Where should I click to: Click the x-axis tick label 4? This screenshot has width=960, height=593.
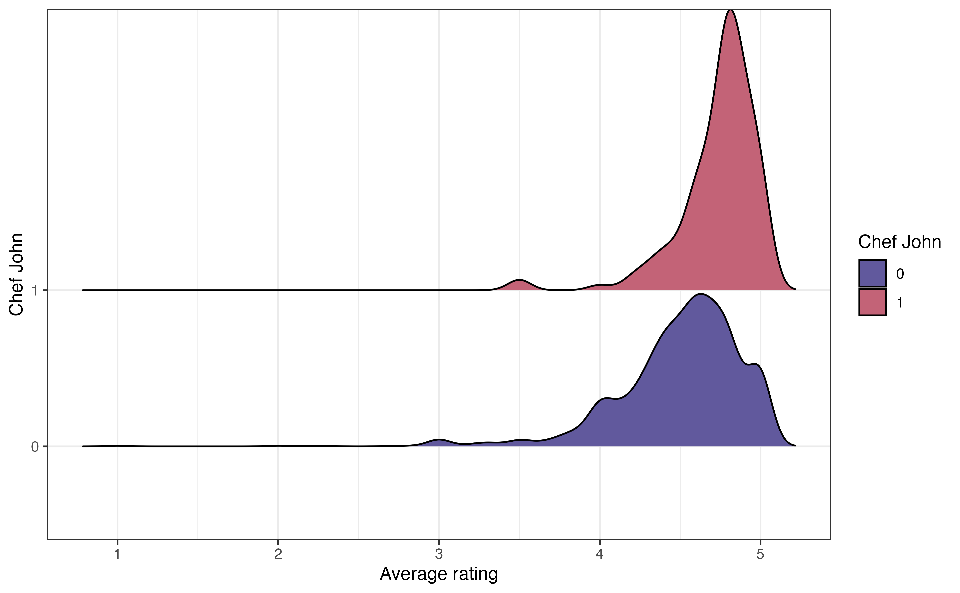pyautogui.click(x=599, y=554)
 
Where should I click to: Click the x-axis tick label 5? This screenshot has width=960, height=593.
pyautogui.click(x=760, y=554)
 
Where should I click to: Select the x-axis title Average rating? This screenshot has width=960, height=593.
pyautogui.click(x=439, y=574)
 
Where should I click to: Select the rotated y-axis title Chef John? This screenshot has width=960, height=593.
pyautogui.click(x=16, y=275)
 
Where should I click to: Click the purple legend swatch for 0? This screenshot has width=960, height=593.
pyautogui.click(x=872, y=273)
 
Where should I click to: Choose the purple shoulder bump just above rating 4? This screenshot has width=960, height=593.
pyautogui.click(x=606, y=399)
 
